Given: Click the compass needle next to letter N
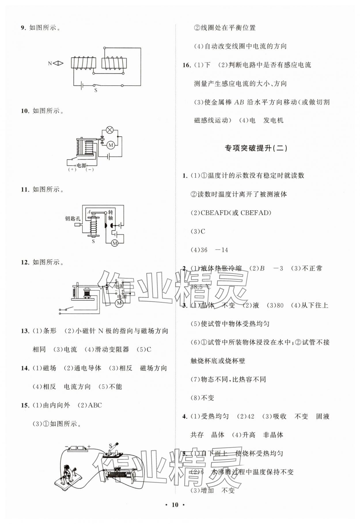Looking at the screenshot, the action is click(58, 63).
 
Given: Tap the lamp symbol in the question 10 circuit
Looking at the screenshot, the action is click(109, 130).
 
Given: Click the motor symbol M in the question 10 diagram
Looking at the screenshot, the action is click(111, 145).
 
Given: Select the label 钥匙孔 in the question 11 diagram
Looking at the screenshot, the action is click(72, 218).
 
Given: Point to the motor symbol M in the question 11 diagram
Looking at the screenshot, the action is click(115, 243).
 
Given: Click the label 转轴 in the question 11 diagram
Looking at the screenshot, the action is click(110, 215).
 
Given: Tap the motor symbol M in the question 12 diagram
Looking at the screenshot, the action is click(119, 303).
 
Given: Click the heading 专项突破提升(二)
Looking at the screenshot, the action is click(256, 148).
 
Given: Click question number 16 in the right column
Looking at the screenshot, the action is click(187, 65).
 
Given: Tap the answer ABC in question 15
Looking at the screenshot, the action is click(95, 405).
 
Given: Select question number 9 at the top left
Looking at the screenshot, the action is click(23, 28).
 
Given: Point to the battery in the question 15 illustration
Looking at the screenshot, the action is click(77, 448).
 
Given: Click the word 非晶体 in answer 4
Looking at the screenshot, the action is click(273, 435).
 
